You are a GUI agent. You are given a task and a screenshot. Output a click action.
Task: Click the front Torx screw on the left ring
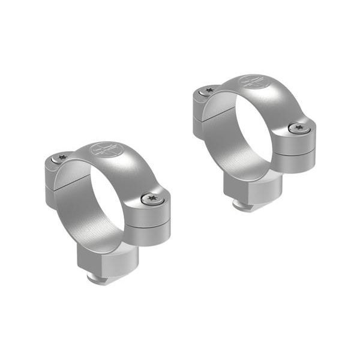pos(151,198)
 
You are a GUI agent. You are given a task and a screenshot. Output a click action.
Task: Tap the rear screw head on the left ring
pos(61,158)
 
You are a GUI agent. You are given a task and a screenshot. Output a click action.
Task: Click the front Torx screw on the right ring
pos(299,128)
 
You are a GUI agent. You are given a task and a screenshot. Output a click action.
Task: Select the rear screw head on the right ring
pos(208,91)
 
